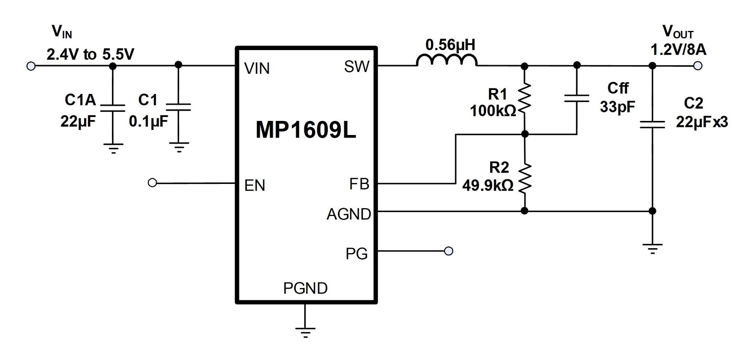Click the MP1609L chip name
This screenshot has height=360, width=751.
306,130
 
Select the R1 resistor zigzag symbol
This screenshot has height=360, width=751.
525,99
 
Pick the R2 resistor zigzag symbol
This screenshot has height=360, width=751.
525,178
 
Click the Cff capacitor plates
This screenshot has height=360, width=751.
577,98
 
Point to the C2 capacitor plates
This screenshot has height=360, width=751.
652,124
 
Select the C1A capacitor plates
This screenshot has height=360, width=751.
113,108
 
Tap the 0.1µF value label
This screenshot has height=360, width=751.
148,122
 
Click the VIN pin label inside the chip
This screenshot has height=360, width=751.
257,68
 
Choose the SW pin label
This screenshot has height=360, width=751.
356,67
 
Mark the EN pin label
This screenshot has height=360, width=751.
255,185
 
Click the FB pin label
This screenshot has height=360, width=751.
359,184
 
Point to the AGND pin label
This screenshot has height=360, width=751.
349,214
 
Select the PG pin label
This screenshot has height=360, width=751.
356,254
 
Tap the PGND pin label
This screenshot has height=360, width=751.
305,288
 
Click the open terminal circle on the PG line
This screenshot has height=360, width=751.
449,251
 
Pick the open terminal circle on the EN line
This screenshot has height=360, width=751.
153,183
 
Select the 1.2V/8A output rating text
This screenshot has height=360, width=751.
678,50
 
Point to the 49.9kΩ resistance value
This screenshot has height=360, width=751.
488,185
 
